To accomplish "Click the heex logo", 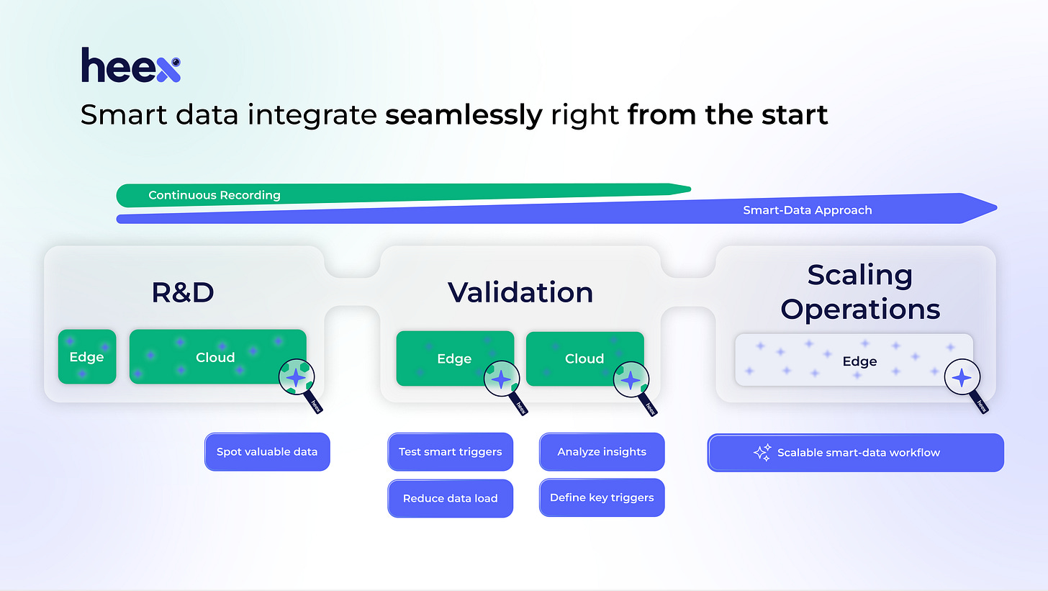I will coord(130,66).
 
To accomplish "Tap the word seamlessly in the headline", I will coord(464,115).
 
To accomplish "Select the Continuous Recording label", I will coord(214,195).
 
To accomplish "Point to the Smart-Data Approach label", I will coord(807,210).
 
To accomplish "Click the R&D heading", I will coord(183,292).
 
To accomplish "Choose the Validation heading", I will coord(520,292).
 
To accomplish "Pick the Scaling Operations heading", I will coord(859,292).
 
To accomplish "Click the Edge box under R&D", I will coord(87,357).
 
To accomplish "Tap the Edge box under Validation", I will coord(454,358).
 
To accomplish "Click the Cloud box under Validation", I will coord(584,358).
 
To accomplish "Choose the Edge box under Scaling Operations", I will coord(853,361).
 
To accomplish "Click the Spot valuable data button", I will coord(267,452).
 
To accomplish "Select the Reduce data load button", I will coord(451,498).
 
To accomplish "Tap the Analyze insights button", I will coord(602,452).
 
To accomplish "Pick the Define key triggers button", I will coord(602,497).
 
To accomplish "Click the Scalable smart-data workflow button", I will coord(855,453).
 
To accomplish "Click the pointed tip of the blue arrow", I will coord(995,208).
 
